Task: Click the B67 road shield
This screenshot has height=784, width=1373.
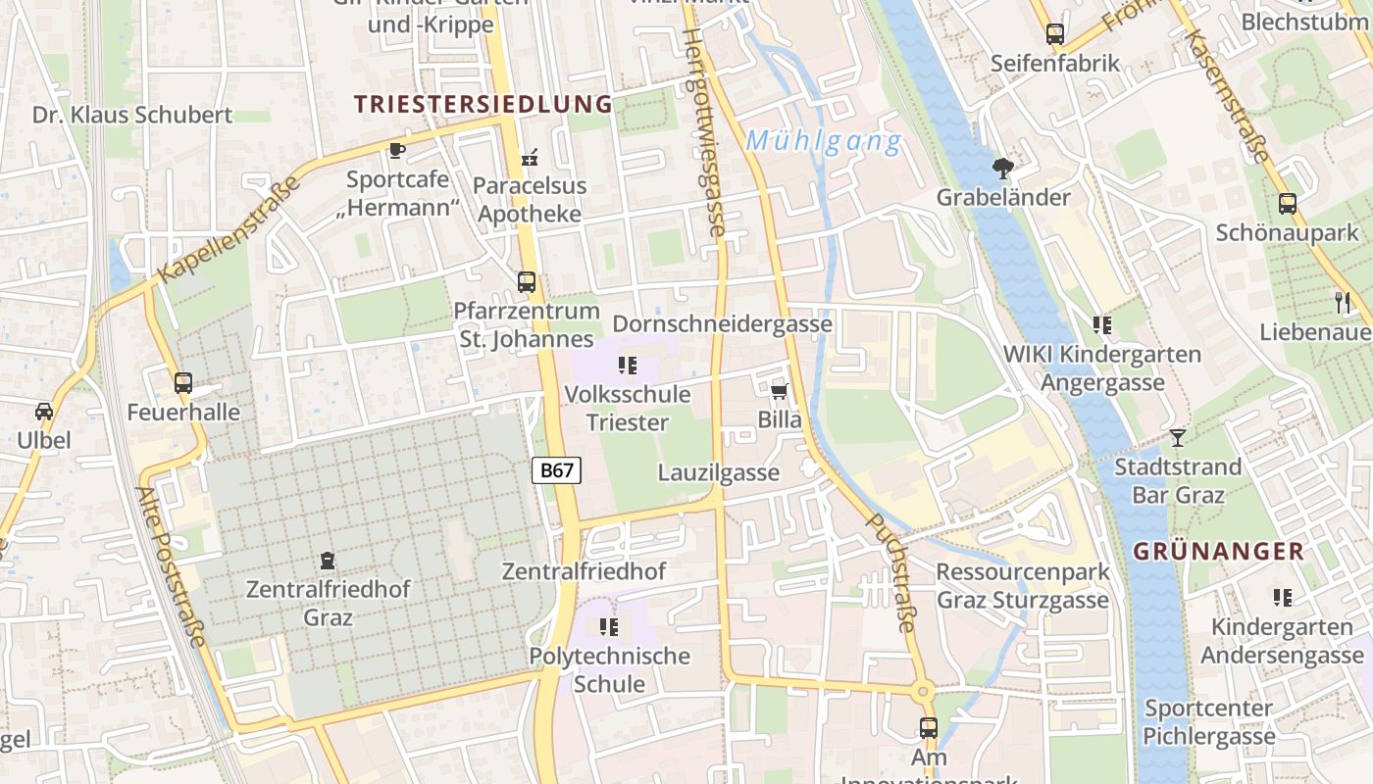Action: (556, 470)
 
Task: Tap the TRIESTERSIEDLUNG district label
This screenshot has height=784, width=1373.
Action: (483, 104)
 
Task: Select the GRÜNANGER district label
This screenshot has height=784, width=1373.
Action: (1219, 551)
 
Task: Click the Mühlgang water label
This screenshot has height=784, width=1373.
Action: (823, 142)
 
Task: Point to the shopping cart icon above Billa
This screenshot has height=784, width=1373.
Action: (780, 392)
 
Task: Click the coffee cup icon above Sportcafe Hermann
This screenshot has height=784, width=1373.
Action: (396, 150)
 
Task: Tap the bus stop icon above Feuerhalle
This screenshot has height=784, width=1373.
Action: (183, 383)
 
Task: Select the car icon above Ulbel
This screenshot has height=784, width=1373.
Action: (44, 412)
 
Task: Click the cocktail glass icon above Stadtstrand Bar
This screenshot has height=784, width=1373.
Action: (1178, 437)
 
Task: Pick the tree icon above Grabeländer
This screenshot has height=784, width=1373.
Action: (1002, 169)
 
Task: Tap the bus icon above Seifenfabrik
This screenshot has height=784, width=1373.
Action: (1054, 34)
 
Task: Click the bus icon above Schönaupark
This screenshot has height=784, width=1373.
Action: (1287, 204)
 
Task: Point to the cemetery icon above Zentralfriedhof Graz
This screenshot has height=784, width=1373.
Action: (328, 562)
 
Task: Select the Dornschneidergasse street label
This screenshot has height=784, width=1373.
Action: (722, 323)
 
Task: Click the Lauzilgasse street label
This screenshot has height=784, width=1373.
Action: (719, 472)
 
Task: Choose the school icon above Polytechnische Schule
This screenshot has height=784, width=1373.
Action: (608, 626)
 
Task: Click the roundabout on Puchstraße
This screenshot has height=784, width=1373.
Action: (922, 692)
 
